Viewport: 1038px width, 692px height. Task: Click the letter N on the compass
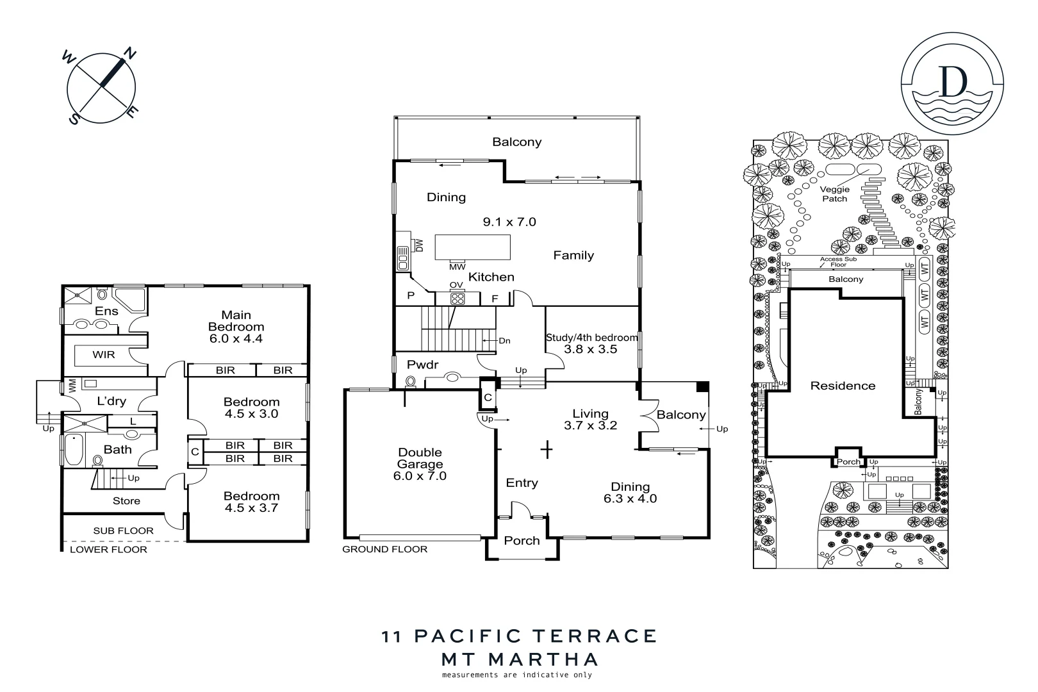coord(129,54)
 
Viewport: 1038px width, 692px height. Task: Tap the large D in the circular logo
coord(952,81)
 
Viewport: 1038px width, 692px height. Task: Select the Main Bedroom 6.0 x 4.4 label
coord(236,327)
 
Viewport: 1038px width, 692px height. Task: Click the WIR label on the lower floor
coord(103,354)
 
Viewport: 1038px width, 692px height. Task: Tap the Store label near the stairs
coord(126,501)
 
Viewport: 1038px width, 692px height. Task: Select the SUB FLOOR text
coord(123,531)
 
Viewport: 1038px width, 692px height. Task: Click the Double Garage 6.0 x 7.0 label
coord(420,464)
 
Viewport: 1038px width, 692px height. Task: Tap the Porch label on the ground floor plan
coord(522,541)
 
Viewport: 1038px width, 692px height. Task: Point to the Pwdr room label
coord(422,365)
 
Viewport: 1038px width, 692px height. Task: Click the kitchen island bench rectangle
coord(473,247)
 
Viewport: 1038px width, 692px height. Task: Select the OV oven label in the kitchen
coord(456,284)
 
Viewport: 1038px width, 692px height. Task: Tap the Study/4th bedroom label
coord(591,338)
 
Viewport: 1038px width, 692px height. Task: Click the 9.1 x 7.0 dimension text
coord(509,222)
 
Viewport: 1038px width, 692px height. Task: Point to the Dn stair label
coord(504,341)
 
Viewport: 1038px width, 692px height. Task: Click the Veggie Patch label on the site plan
coord(835,194)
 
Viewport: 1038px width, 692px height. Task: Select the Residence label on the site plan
coord(843,386)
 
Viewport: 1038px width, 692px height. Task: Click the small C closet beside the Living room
coord(488,397)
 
